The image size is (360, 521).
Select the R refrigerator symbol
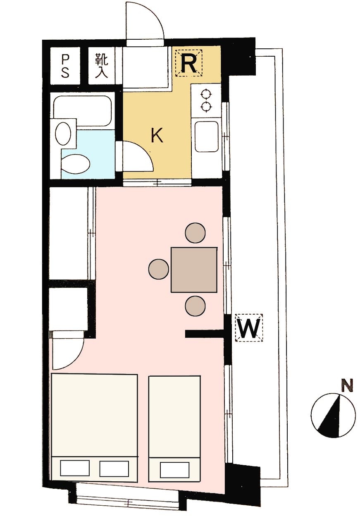[x=189, y=63]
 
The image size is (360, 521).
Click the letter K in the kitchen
[x=157, y=136]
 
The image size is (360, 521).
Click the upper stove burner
[x=206, y=94]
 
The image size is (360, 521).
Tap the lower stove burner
[x=206, y=107]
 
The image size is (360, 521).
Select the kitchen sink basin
[x=207, y=137]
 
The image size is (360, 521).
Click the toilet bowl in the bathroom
[x=76, y=164]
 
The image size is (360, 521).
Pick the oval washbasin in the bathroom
[x=63, y=133]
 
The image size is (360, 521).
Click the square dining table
[x=194, y=270]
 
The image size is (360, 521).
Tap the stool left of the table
[x=159, y=269]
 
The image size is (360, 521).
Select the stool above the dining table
[x=195, y=233]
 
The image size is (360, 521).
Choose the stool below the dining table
[x=195, y=306]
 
